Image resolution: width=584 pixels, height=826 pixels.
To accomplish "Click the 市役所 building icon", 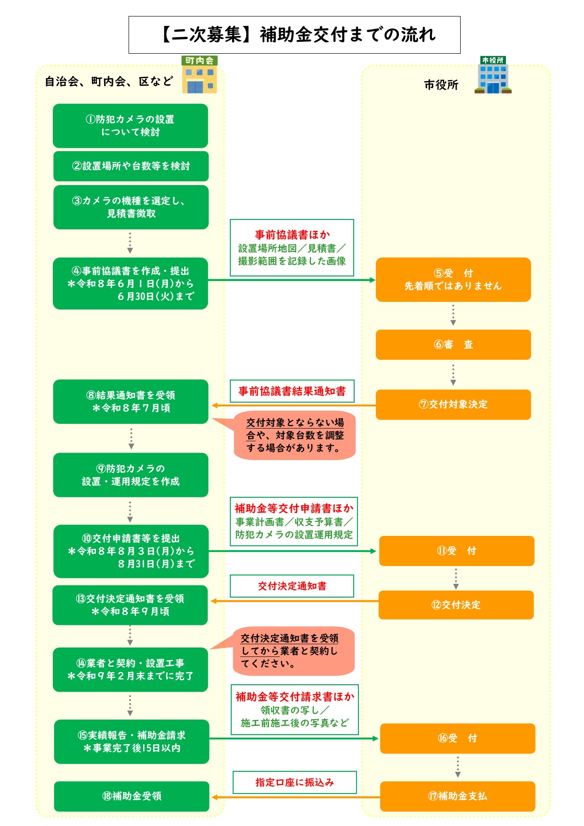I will tap(493, 75).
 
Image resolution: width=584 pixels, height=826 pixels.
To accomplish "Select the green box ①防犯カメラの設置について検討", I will tap(130, 126).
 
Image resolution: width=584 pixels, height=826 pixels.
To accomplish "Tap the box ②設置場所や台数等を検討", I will tap(131, 166).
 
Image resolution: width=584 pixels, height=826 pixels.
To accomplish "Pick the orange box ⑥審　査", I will tap(453, 345).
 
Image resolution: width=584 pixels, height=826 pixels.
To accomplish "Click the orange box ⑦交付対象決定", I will tap(453, 405).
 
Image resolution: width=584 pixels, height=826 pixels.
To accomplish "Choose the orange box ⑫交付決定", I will tap(456, 605).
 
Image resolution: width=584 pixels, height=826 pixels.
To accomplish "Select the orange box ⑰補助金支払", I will tap(457, 796).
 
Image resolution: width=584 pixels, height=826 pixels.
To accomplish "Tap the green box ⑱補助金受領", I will tap(131, 796).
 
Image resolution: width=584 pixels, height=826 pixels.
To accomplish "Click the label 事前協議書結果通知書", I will tap(292, 391).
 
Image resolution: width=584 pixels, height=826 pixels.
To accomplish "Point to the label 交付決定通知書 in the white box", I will tap(292, 586).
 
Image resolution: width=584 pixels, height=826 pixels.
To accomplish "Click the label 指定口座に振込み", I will tap(295, 783).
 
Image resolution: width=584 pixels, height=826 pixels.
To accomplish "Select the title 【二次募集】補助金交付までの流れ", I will tap(294, 35).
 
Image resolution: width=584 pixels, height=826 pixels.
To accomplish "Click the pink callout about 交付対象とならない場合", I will tap(295, 435).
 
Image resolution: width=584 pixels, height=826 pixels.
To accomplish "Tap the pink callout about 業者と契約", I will tap(293, 651).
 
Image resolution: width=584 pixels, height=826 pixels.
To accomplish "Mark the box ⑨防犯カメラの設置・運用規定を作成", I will tap(130, 475).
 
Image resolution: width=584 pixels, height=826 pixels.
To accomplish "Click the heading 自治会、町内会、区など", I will tap(109, 82).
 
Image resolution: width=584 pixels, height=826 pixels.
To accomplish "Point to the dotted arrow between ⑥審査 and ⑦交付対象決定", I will tap(453, 375).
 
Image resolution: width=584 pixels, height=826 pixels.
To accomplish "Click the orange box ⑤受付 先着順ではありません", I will tap(453, 280).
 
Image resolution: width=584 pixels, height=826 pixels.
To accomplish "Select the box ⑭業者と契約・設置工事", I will tap(130, 670).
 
